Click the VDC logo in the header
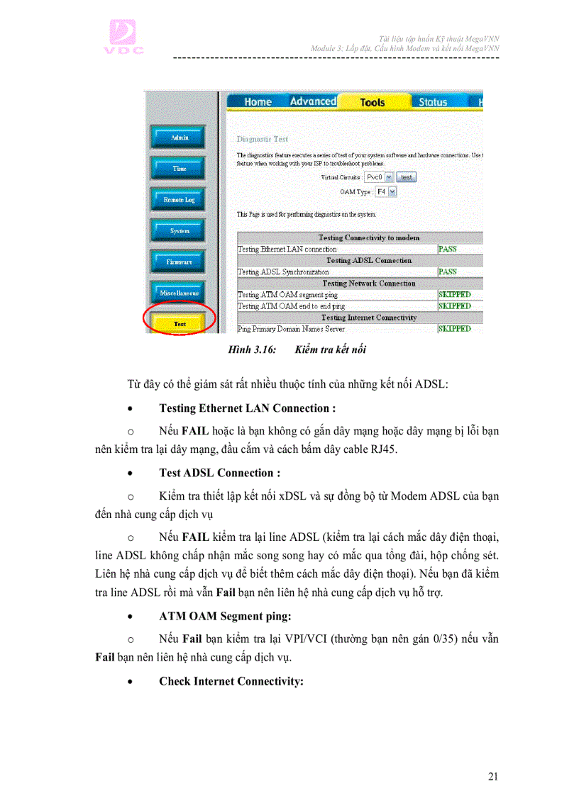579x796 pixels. point(126,37)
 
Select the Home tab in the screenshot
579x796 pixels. point(258,102)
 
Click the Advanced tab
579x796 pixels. point(313,101)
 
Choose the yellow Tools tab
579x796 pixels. point(373,102)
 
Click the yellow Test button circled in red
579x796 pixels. point(180,324)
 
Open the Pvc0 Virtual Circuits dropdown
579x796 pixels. point(379,177)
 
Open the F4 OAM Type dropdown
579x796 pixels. point(386,191)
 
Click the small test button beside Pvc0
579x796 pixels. point(407,177)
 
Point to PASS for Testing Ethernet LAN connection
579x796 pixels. point(448,250)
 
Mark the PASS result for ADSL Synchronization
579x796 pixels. point(448,272)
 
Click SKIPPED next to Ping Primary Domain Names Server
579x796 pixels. point(455,329)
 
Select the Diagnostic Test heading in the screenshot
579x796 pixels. point(263,139)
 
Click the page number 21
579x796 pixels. point(493,776)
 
